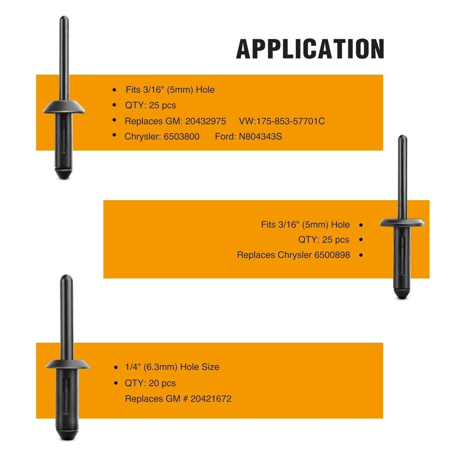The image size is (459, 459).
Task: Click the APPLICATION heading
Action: click(310, 49)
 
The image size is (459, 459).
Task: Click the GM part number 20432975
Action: click(205, 121)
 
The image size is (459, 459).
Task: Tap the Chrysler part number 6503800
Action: click(182, 137)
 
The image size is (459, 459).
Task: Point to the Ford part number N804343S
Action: click(260, 137)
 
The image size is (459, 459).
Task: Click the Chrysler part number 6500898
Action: click(332, 255)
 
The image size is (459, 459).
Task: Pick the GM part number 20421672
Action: click(211, 399)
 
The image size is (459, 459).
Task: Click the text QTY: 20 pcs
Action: click(150, 383)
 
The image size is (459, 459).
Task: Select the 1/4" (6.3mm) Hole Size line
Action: click(172, 367)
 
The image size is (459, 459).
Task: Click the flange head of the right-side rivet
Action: click(402, 223)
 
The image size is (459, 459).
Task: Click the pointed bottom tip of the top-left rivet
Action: click(63, 179)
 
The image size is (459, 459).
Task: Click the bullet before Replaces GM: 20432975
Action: click(115, 120)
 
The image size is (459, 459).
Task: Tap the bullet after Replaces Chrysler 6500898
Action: click(361, 255)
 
